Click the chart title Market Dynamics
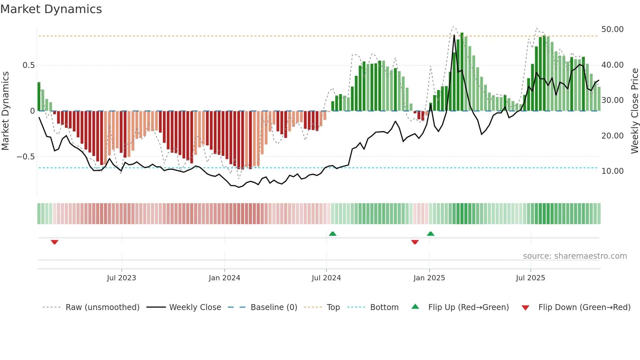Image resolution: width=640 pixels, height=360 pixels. (x=51, y=9)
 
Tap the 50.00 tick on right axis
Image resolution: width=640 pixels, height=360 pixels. (x=612, y=29)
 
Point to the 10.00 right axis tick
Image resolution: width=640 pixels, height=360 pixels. (x=612, y=171)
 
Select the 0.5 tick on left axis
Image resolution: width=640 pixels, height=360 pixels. (x=29, y=65)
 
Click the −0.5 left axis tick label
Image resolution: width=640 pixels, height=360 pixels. (x=26, y=157)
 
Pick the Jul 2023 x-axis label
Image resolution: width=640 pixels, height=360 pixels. (x=121, y=278)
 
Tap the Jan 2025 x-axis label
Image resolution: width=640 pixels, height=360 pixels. (x=429, y=278)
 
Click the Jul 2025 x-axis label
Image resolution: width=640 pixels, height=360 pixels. (x=531, y=278)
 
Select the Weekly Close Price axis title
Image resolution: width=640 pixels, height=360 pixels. (x=634, y=111)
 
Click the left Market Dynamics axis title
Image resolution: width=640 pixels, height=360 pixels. (x=5, y=111)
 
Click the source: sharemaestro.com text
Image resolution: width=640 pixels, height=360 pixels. (x=575, y=256)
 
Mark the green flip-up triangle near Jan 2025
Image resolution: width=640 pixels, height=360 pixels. (x=430, y=234)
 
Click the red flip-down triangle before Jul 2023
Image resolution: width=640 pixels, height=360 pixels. (x=55, y=242)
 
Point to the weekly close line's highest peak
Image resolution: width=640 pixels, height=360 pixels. (x=454, y=35)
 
